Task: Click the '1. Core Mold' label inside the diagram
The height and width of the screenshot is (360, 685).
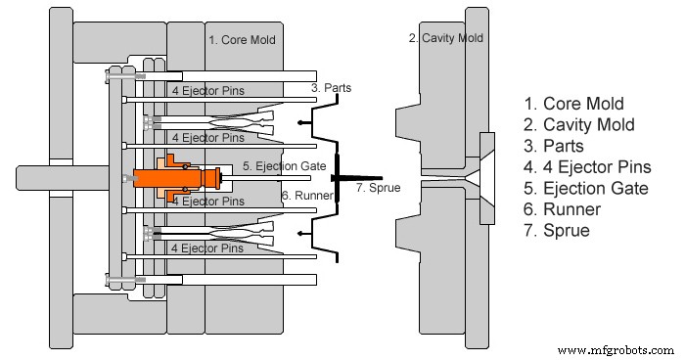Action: (243, 40)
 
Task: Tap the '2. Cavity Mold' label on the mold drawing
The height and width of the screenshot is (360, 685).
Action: (446, 38)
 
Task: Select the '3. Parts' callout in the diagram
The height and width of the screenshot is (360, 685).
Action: (331, 87)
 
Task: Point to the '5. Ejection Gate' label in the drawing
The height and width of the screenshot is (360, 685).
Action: (285, 165)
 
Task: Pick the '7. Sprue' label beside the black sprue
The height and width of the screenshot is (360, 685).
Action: (377, 187)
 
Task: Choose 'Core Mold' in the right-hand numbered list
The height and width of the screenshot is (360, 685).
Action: (574, 103)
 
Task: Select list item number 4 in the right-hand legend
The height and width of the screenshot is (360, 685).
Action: (588, 167)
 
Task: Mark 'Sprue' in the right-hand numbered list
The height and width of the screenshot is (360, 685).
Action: (563, 232)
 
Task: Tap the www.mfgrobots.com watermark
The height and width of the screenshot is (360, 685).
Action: (613, 349)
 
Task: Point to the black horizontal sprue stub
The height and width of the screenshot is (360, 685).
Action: (344, 178)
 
